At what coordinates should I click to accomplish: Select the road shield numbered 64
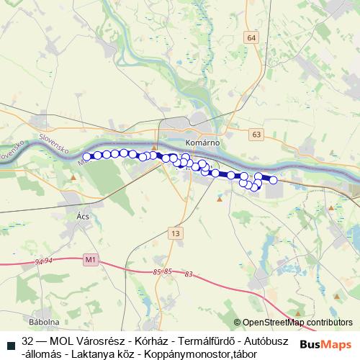[x=251, y=37]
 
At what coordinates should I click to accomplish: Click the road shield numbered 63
[x=257, y=134]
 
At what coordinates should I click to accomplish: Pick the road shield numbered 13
[x=176, y=233]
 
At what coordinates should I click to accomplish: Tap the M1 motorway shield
[x=90, y=258]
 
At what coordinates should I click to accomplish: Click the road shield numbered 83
[x=189, y=274]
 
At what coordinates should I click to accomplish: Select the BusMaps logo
[x=325, y=343]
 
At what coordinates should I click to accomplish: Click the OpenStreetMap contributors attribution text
[x=297, y=323]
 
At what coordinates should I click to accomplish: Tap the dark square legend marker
[x=10, y=341]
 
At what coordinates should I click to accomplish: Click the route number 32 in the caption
[x=28, y=341]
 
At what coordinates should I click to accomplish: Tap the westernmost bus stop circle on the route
[x=87, y=156]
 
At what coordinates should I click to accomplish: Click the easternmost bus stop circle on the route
[x=273, y=180]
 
